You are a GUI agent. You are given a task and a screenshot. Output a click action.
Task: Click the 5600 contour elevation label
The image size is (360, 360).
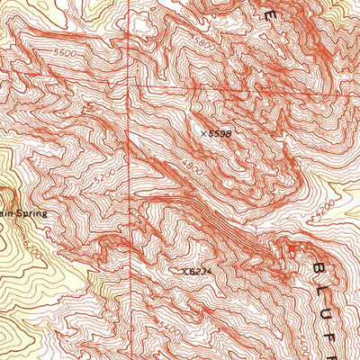tap(63, 54)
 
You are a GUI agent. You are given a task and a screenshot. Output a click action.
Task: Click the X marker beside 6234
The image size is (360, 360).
tap(184, 270)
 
